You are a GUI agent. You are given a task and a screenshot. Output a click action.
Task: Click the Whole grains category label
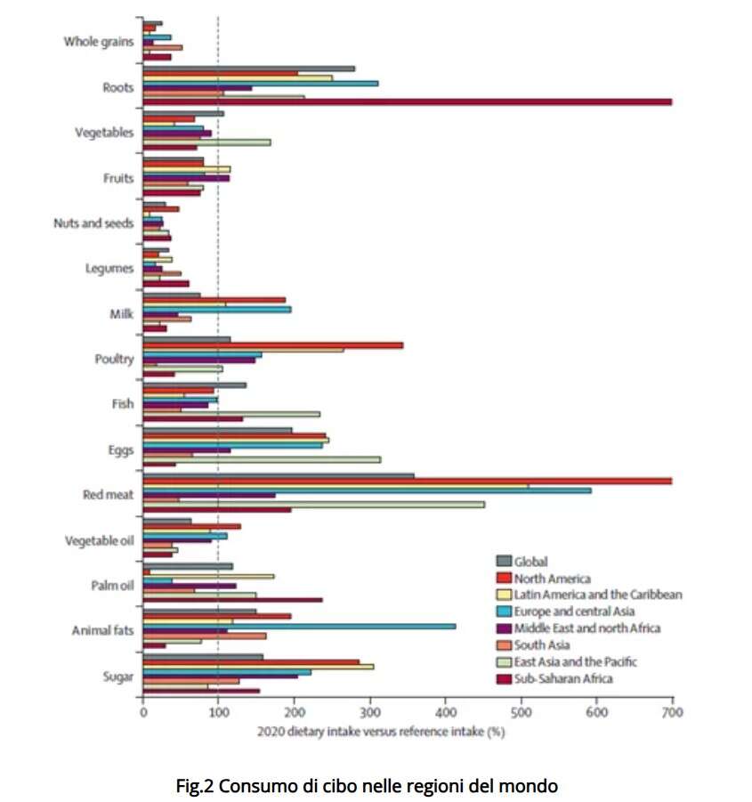pos(98,41)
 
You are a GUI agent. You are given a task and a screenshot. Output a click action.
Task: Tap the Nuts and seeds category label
pos(93,223)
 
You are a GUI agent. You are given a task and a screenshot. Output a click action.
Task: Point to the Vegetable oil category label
pos(100,540)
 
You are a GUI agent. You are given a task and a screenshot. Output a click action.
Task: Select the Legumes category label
pos(110,268)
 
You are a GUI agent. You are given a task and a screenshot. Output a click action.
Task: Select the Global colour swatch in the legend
pos(503,562)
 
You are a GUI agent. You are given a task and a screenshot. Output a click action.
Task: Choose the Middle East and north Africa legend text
pos(586,628)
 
